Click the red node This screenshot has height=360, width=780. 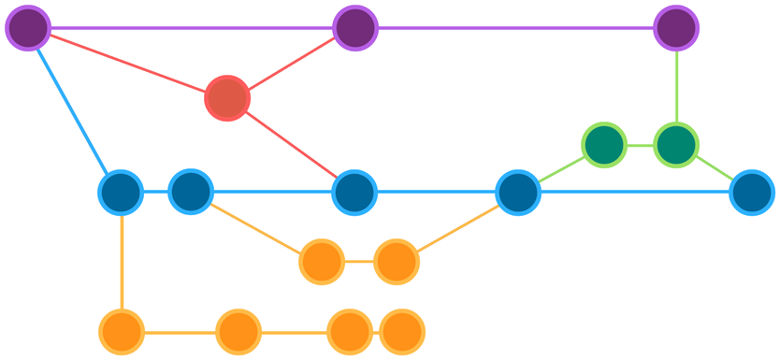(x=227, y=98)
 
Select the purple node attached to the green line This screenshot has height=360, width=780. (x=676, y=28)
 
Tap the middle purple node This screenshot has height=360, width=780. (x=354, y=28)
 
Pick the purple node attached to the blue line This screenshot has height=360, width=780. (x=28, y=28)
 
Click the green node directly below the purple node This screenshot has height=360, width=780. (x=676, y=145)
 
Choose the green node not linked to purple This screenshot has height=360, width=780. (x=604, y=145)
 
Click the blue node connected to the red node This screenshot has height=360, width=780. (x=354, y=193)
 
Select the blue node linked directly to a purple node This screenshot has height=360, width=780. (x=121, y=193)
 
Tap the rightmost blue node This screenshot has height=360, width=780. (x=752, y=193)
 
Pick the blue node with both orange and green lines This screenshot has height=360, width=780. (x=517, y=193)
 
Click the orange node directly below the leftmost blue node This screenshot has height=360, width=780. (x=122, y=332)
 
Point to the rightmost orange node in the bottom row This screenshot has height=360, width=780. (x=402, y=332)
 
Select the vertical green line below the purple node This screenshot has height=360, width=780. (x=676, y=86)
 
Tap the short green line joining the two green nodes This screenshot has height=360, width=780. (x=641, y=146)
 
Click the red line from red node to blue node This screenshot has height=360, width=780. (x=291, y=145)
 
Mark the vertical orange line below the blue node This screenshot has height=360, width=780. (x=122, y=262)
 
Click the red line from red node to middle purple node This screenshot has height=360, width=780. (x=291, y=64)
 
